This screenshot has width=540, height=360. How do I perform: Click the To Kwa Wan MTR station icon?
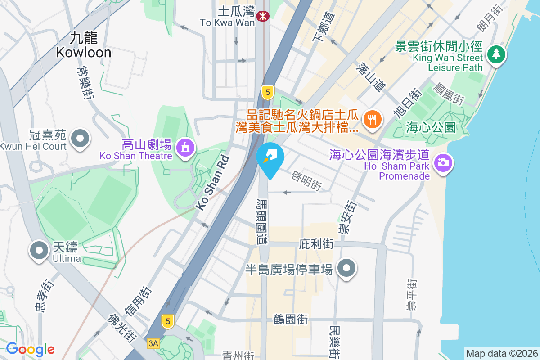(261, 16)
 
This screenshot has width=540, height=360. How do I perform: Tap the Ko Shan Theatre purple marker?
(185, 147)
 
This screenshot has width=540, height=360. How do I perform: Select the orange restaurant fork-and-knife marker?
(372, 119)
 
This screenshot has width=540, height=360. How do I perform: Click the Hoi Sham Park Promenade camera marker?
(443, 162)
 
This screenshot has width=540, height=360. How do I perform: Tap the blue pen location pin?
(270, 158)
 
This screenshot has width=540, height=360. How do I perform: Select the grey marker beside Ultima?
(39, 250)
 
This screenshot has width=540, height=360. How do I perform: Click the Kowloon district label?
(84, 45)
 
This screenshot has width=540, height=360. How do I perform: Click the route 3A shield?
(153, 343)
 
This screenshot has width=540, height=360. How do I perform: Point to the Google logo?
(30, 349)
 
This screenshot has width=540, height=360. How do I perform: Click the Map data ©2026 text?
(501, 353)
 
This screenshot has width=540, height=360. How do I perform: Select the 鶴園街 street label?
(291, 319)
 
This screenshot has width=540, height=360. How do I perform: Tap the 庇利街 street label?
(316, 244)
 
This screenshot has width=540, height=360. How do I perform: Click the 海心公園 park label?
(431, 127)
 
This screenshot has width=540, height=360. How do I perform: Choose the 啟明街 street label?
(307, 180)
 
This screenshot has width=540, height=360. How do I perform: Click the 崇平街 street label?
(411, 295)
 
